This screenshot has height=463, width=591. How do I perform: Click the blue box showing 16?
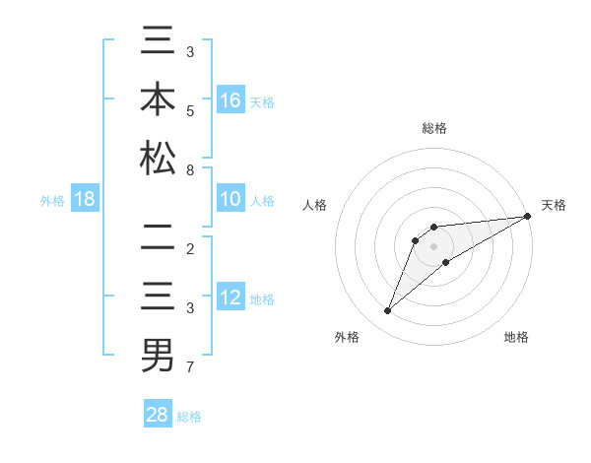click(230, 99)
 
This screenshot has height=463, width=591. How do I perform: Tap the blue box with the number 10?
click(230, 200)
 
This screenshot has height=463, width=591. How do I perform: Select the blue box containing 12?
click(230, 298)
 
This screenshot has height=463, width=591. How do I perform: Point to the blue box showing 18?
click(85, 200)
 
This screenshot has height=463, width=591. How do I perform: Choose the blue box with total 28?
click(158, 415)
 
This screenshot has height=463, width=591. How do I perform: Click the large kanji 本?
click(159, 100)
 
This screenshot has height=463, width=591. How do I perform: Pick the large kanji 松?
click(159, 159)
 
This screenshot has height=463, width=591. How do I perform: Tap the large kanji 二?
click(159, 239)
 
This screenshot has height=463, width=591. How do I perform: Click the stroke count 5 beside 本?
click(190, 111)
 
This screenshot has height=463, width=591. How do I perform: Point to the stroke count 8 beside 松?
click(190, 170)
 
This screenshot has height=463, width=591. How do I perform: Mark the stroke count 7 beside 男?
click(190, 367)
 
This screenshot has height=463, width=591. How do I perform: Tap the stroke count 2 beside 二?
click(190, 249)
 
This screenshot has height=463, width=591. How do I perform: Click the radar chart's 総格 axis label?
click(434, 128)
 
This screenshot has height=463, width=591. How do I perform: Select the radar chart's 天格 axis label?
click(555, 205)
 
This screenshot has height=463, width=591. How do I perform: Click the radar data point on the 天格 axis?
click(527, 216)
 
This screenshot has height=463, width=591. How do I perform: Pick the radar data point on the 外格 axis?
click(387, 311)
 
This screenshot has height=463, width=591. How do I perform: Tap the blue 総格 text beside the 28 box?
click(189, 417)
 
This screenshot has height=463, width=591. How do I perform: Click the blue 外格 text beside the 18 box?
click(52, 201)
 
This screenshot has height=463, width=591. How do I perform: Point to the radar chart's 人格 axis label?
click(315, 205)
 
